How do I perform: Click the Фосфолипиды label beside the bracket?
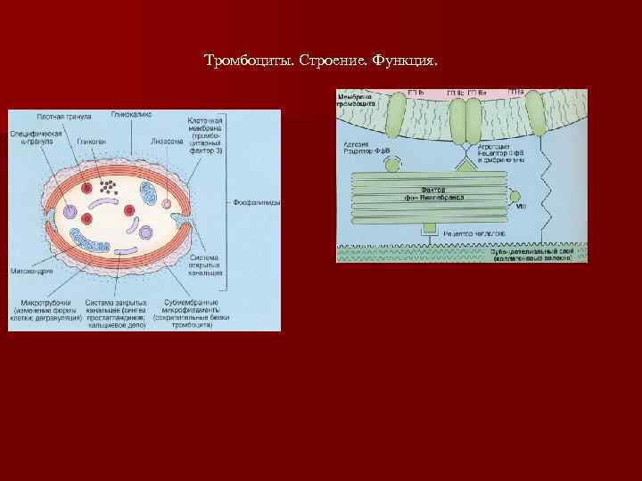(256, 202)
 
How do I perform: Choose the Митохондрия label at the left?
(31, 268)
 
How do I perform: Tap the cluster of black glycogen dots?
(108, 187)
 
